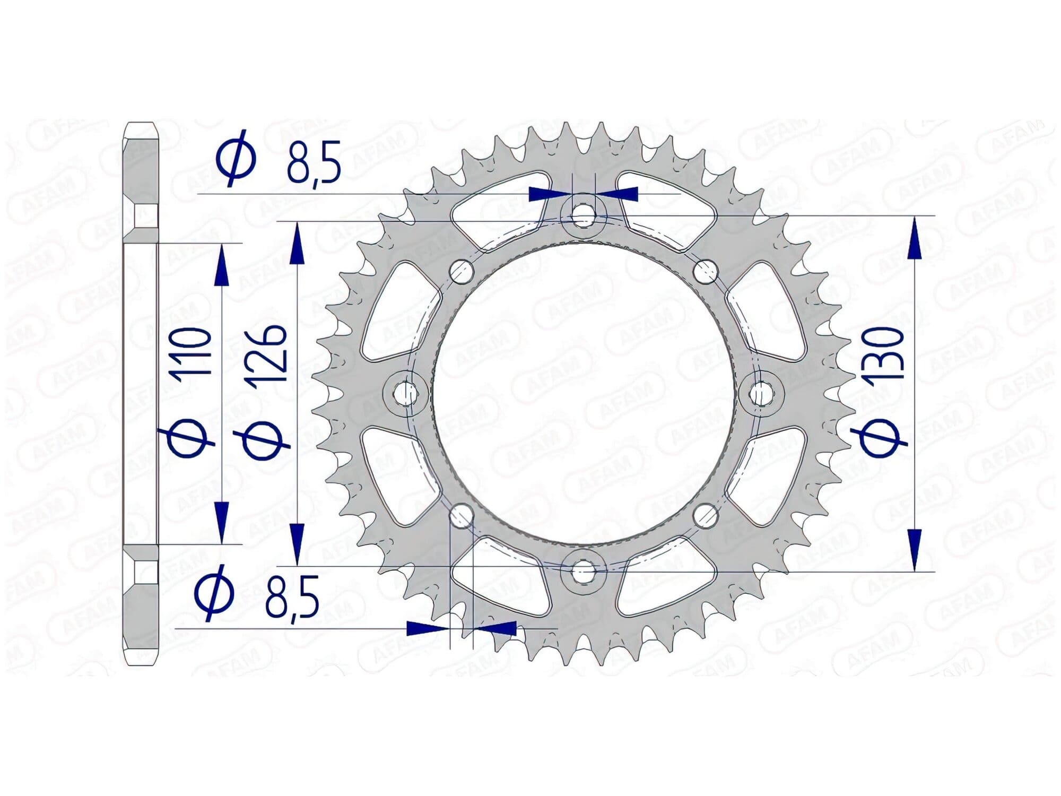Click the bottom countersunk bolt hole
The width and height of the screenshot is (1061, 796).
tap(584, 571)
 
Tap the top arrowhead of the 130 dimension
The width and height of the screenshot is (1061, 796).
tap(914, 239)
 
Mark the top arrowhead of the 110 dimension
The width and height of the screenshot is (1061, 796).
tap(221, 265)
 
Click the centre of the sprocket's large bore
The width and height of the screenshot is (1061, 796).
tap(584, 393)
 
